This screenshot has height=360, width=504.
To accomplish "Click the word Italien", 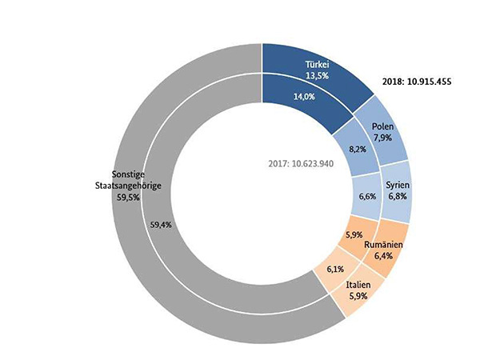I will (358, 285).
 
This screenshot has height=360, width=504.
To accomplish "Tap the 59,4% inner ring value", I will (161, 225).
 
